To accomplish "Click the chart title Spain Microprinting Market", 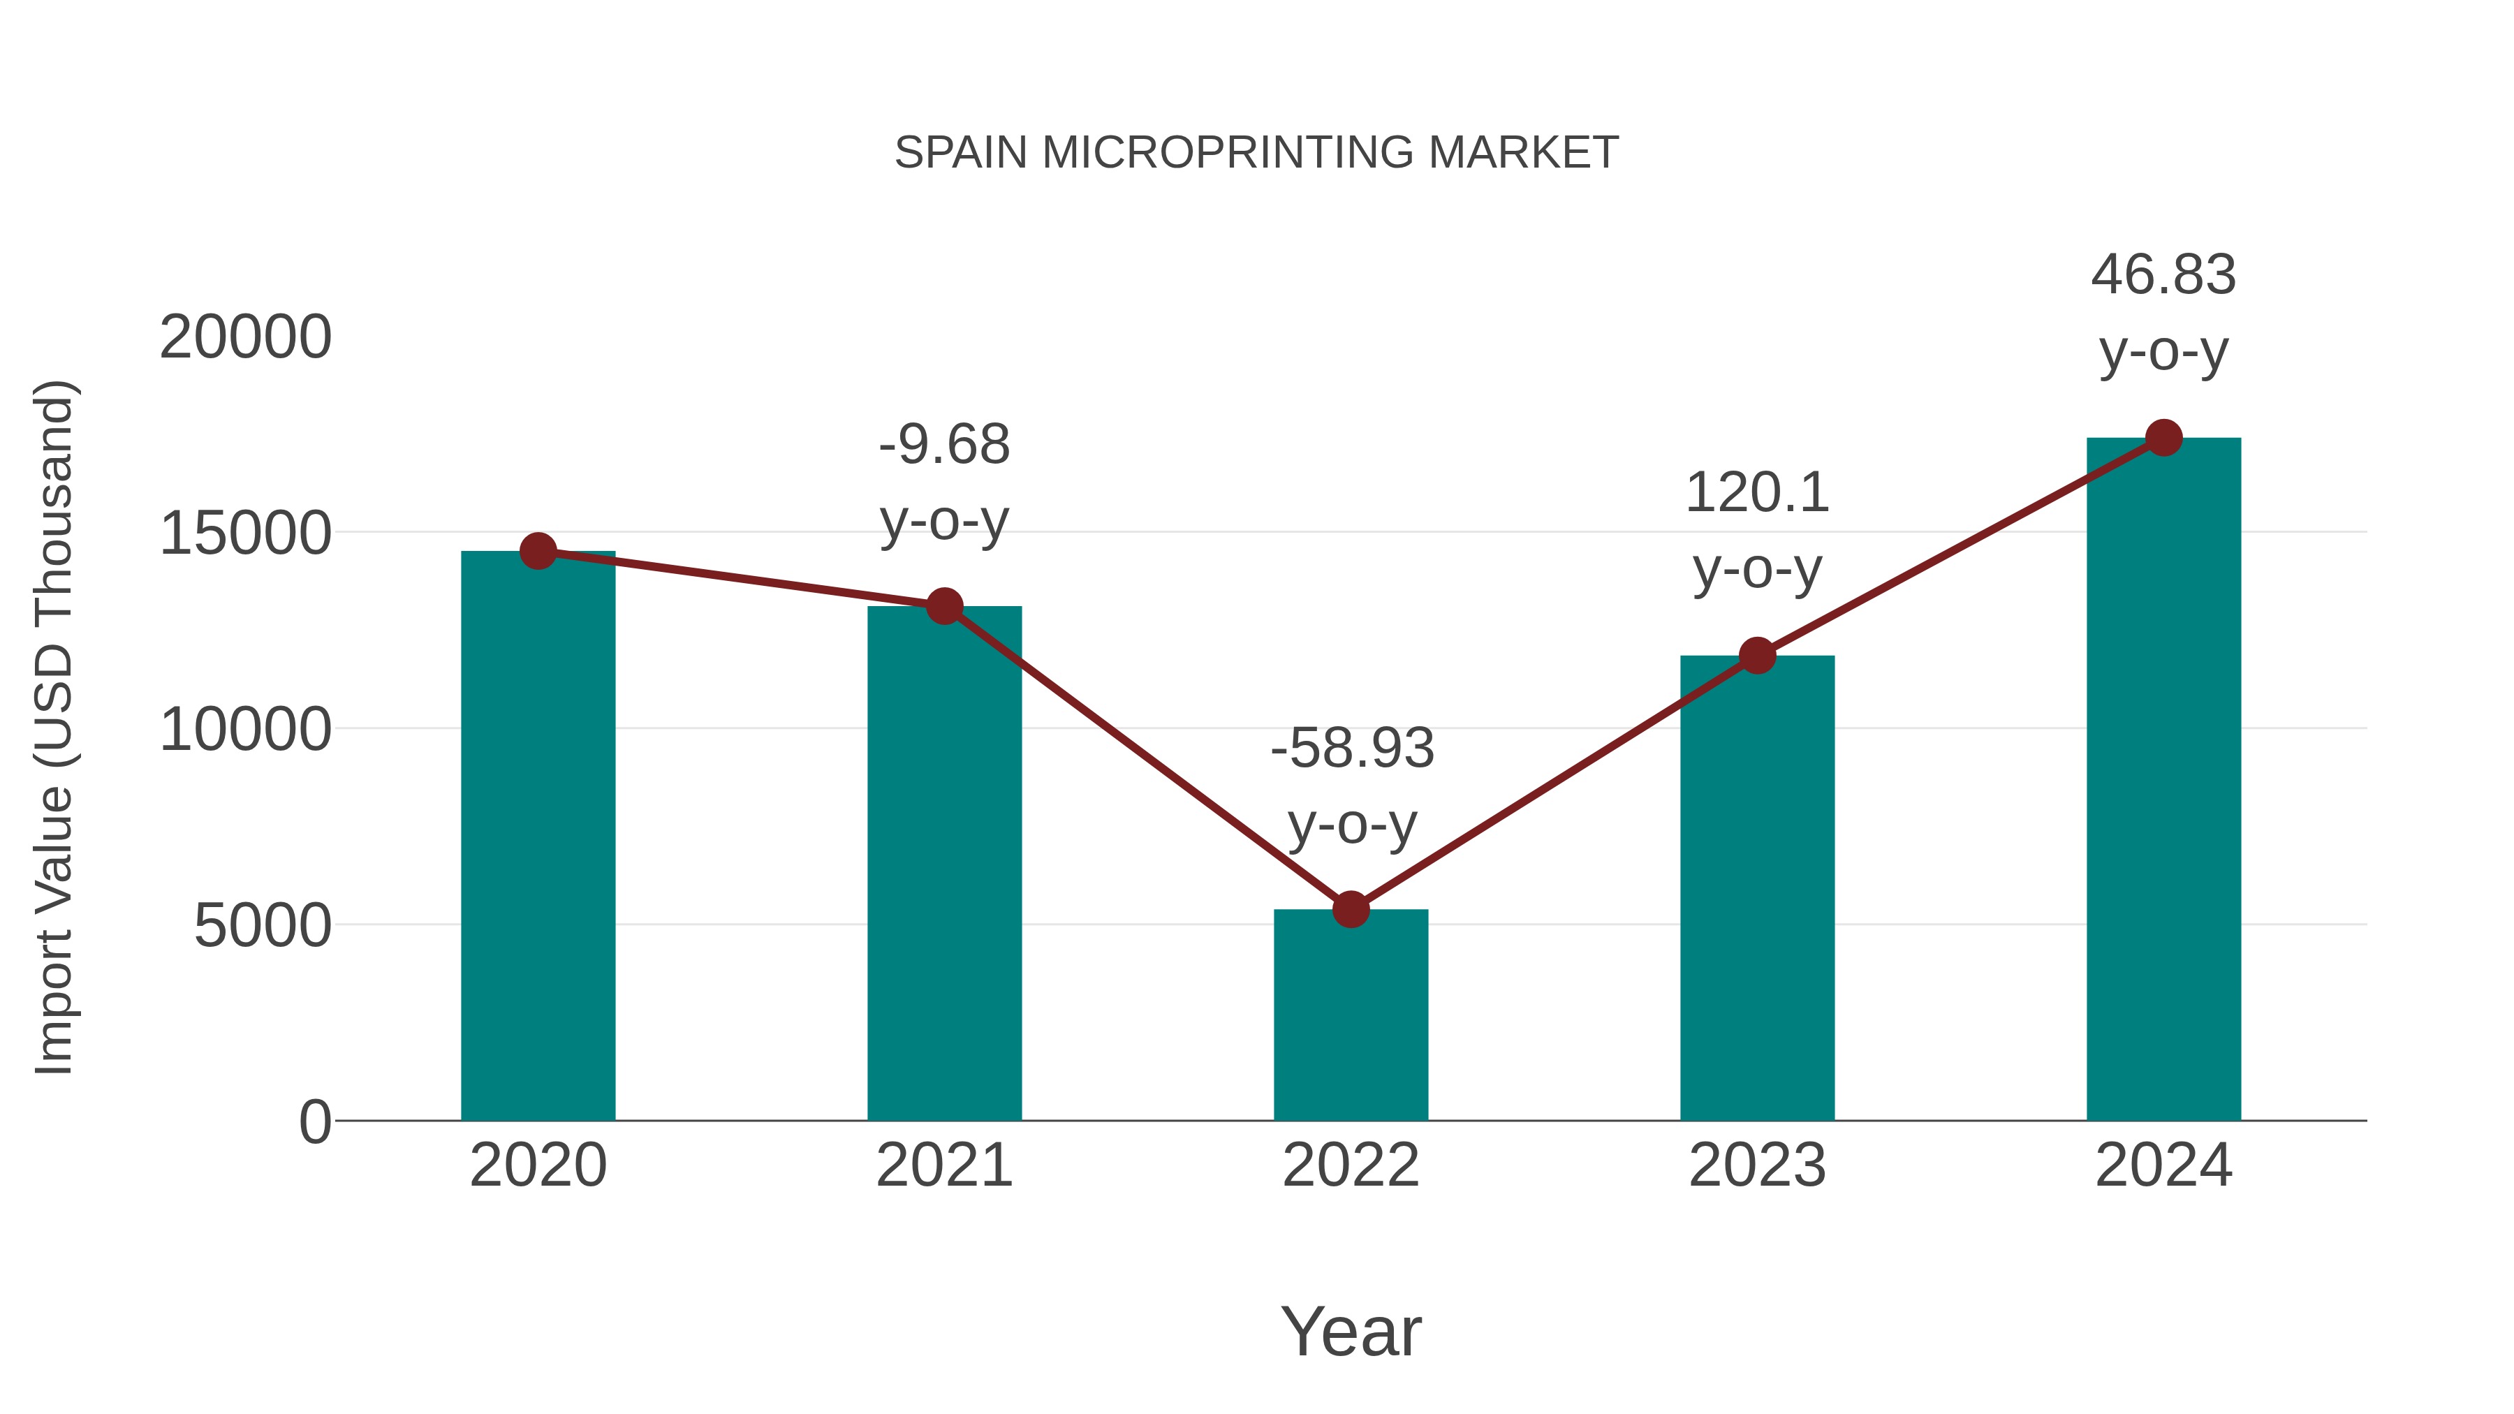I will coord(1256,153).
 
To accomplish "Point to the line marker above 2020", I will coord(538,552).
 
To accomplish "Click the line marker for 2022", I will coord(1351,909).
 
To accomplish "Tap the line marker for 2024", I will coord(2163,438).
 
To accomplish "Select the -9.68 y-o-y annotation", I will coord(943,483).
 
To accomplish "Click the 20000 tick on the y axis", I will coord(246,338).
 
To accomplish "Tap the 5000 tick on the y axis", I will coord(263,925).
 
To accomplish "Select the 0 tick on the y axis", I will coord(315,1121).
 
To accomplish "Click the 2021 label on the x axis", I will coord(943,1165).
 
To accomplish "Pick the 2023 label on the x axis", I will coord(1757,1165).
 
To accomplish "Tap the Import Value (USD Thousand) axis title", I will coord(54,728).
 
